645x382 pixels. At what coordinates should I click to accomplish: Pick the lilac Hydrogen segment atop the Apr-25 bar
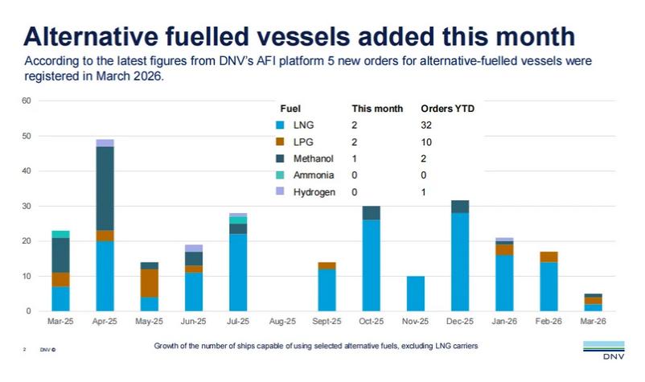coord(105,143)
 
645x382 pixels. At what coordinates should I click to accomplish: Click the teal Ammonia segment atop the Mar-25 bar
coord(60,234)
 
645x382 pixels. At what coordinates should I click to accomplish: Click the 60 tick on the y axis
coord(27,101)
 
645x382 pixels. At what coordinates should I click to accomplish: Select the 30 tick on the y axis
coord(27,206)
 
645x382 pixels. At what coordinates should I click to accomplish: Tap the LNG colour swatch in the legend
coord(281,125)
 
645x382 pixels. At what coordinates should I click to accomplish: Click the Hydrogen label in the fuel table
coord(314,192)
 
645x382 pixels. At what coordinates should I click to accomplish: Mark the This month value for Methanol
coord(355,158)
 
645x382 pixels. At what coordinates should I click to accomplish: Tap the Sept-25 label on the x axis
coord(328,322)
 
